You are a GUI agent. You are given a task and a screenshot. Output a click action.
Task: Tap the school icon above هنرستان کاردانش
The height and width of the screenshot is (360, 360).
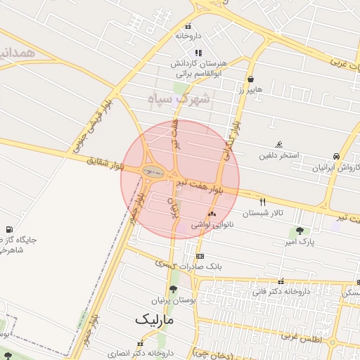point(198,53)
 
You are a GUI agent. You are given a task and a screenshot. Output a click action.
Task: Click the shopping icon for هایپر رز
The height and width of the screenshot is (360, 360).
point(250,79)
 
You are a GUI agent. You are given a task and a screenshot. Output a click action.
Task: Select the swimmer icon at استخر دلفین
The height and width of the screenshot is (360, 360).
point(279,143)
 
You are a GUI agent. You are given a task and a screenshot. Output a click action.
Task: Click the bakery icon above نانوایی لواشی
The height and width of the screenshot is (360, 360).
point(212,214)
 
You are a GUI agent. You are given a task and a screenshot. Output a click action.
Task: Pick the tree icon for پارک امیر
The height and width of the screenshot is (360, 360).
point(300,231)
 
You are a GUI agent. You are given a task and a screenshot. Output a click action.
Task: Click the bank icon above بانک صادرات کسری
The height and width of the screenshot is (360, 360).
point(200,256)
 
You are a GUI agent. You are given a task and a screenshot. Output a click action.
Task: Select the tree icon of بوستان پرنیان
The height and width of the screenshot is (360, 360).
point(173,288)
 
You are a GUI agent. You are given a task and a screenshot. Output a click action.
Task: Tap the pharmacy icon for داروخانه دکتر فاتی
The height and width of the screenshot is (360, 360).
point(281,281)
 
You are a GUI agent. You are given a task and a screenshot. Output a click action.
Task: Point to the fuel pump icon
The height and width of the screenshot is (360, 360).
point(9,229)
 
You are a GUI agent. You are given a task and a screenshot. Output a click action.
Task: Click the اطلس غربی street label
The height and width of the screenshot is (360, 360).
point(300,337)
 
